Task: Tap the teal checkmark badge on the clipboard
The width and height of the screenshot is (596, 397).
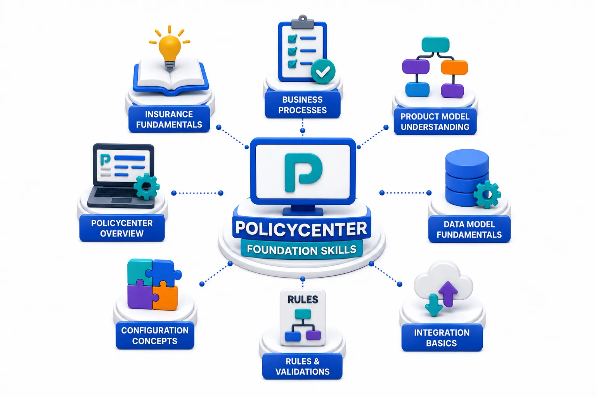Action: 323,71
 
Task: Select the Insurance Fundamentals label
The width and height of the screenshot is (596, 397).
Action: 169,119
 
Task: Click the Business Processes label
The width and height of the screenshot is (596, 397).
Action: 303,105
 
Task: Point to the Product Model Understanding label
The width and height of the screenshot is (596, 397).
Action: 435,121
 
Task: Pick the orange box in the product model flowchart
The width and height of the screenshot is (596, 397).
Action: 454,67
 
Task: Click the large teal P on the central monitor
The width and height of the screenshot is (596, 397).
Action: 303,172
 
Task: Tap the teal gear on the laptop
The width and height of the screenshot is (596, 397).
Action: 146,186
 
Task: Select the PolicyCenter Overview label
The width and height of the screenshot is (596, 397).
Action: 122,228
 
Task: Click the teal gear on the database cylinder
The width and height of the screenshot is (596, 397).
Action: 487,194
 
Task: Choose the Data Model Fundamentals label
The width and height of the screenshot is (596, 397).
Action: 470,229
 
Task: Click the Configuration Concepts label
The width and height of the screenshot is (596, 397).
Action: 155,336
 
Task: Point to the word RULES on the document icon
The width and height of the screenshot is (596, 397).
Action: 303,300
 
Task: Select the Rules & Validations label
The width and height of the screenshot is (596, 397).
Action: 303,366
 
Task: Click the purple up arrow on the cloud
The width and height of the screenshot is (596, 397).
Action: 448,293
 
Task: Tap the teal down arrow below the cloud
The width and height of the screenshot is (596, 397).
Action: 434,305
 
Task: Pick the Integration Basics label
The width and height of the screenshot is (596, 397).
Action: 442,338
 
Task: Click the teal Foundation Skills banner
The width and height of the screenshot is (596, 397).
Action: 302,250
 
